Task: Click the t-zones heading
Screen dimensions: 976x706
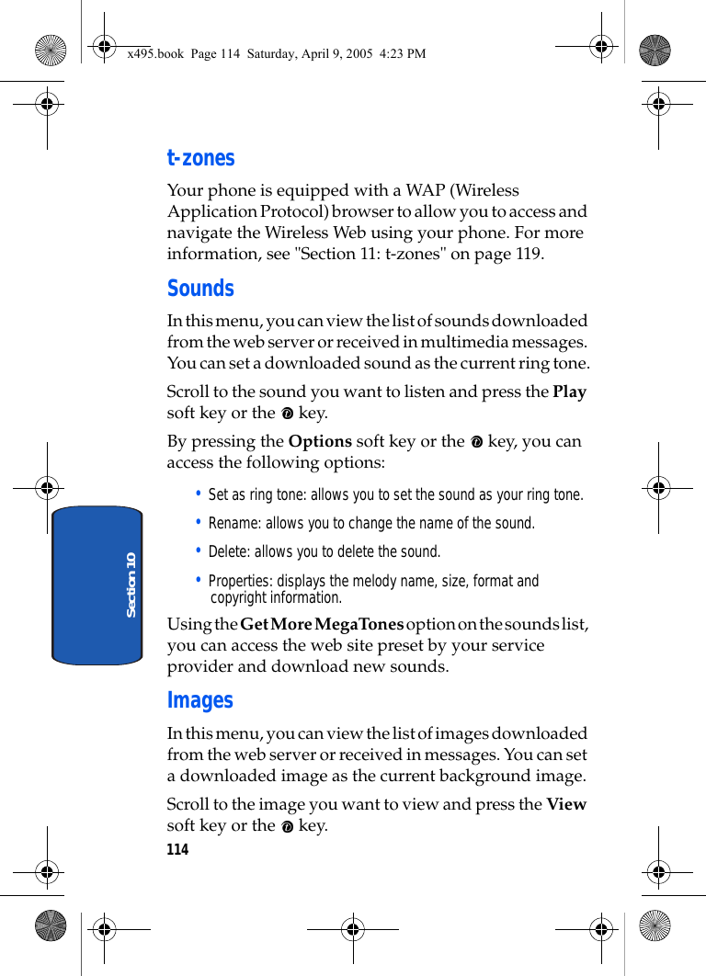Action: coord(200,158)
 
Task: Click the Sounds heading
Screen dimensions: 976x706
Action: coord(200,289)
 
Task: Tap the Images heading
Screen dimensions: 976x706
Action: coord(199,700)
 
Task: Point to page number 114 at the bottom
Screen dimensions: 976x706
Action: coord(177,849)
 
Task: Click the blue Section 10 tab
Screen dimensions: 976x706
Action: coord(97,584)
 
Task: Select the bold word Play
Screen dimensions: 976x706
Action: coord(569,392)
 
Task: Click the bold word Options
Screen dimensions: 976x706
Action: coord(320,441)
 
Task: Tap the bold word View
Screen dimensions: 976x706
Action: coord(566,804)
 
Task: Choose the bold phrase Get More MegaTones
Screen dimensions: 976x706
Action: coord(322,624)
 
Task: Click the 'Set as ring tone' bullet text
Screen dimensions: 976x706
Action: coord(395,495)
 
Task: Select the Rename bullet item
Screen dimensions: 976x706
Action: coord(371,524)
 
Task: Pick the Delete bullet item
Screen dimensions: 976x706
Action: coord(325,552)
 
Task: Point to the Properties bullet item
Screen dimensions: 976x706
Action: coord(372,589)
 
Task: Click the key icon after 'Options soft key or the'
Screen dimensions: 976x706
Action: coord(476,442)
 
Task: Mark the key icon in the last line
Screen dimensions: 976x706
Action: coord(288,826)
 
